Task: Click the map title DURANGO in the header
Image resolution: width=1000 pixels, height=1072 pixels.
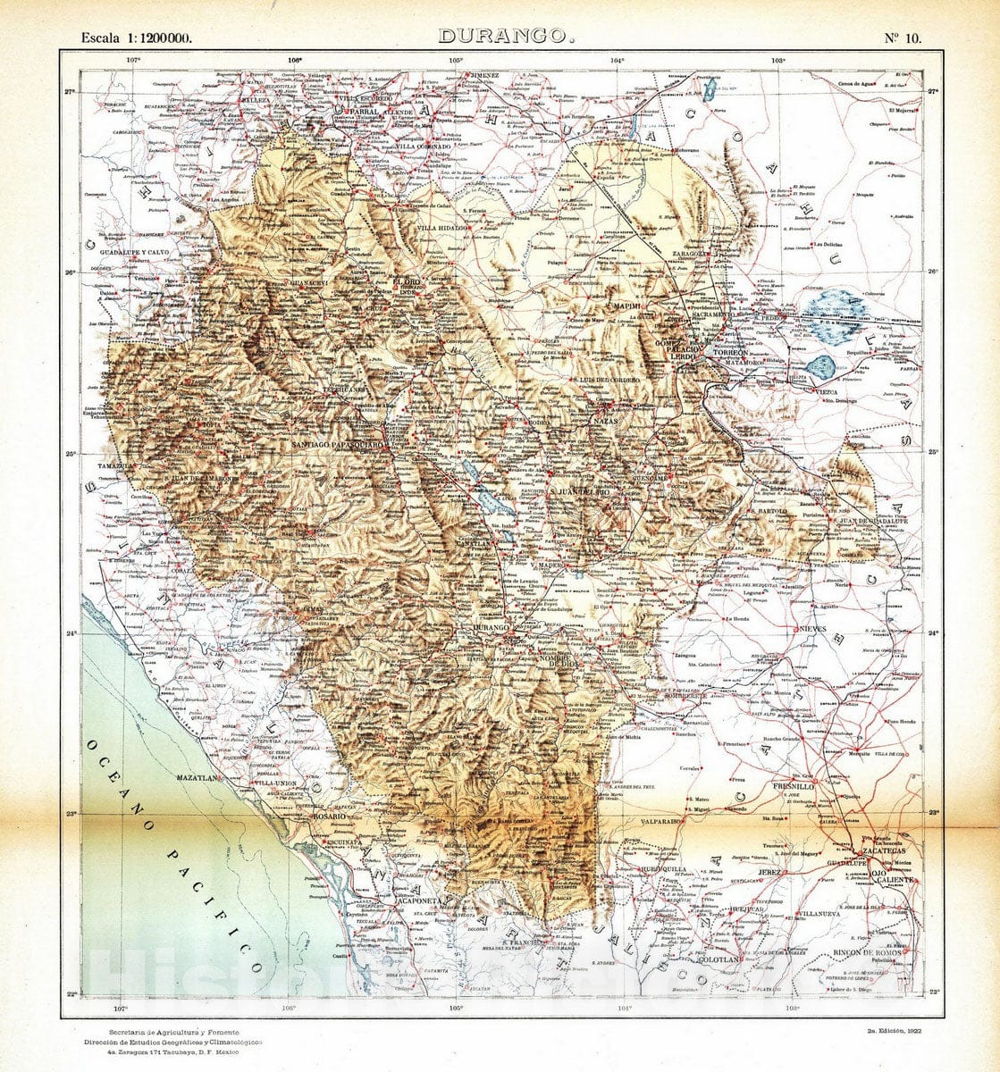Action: pyautogui.click(x=505, y=37)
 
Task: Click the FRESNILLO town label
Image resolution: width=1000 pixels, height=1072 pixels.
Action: pyautogui.click(x=768, y=786)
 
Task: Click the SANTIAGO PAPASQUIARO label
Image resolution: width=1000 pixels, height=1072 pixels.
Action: pyautogui.click(x=340, y=444)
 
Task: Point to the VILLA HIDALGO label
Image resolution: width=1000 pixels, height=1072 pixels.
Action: pyautogui.click(x=442, y=228)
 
